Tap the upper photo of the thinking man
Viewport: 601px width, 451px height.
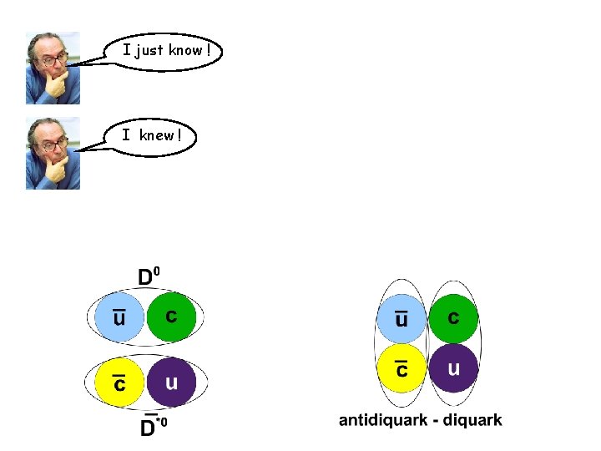coord(52,68)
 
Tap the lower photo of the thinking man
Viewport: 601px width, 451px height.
coord(52,153)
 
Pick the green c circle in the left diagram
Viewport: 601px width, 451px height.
coord(171,317)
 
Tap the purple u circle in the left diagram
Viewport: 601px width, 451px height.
coord(171,383)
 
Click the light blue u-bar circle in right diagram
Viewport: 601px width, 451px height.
coord(402,319)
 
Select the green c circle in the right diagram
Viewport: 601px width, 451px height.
coord(453,318)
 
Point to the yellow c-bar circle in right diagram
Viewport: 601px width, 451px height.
coord(402,368)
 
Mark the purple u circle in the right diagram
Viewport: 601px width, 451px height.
coord(453,368)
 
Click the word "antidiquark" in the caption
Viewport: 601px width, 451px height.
coord(381,421)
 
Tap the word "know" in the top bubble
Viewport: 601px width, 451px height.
coord(184,50)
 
